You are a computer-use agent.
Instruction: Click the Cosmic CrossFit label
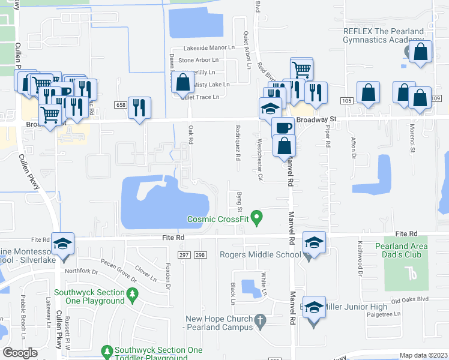click(217, 219)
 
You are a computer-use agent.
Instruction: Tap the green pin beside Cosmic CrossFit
click(257, 217)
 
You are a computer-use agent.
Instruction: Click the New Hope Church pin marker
click(260, 323)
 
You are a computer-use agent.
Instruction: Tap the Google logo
click(20, 352)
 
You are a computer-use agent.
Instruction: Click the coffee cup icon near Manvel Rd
click(283, 127)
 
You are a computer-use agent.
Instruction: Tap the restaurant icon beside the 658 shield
click(139, 107)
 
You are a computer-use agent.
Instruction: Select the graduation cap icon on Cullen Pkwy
click(62, 243)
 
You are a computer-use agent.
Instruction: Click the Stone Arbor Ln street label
click(198, 60)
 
